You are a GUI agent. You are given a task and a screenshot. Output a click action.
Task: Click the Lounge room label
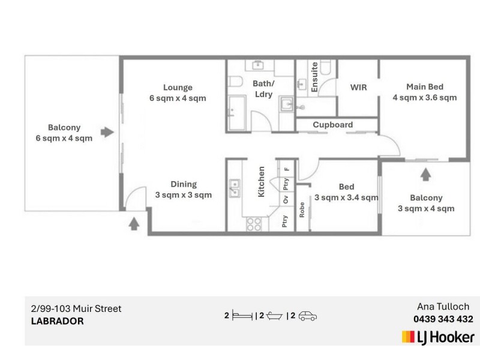(178, 88)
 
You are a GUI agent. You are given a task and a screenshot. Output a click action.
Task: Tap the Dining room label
(184, 185)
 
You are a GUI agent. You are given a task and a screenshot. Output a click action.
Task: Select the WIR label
(358, 88)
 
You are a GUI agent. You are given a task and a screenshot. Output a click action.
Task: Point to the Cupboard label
(333, 125)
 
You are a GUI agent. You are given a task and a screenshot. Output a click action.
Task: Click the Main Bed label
(425, 86)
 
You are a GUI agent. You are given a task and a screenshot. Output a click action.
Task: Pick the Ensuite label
(314, 77)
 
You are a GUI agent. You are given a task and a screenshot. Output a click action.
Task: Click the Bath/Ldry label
(263, 89)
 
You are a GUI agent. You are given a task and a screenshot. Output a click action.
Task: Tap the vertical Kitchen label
(262, 182)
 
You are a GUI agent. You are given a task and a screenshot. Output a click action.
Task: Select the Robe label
(302, 208)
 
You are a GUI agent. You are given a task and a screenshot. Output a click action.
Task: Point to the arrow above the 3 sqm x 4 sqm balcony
(425, 175)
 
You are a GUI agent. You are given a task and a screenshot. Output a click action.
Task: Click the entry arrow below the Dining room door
(134, 224)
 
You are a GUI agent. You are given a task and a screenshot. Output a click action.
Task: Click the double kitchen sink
(233, 189)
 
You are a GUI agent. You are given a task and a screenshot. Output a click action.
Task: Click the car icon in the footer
(307, 316)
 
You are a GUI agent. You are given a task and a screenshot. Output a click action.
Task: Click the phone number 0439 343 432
(443, 319)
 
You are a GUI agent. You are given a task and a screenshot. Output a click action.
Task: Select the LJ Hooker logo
(438, 337)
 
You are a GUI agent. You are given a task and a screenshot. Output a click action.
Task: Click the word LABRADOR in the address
(57, 321)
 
